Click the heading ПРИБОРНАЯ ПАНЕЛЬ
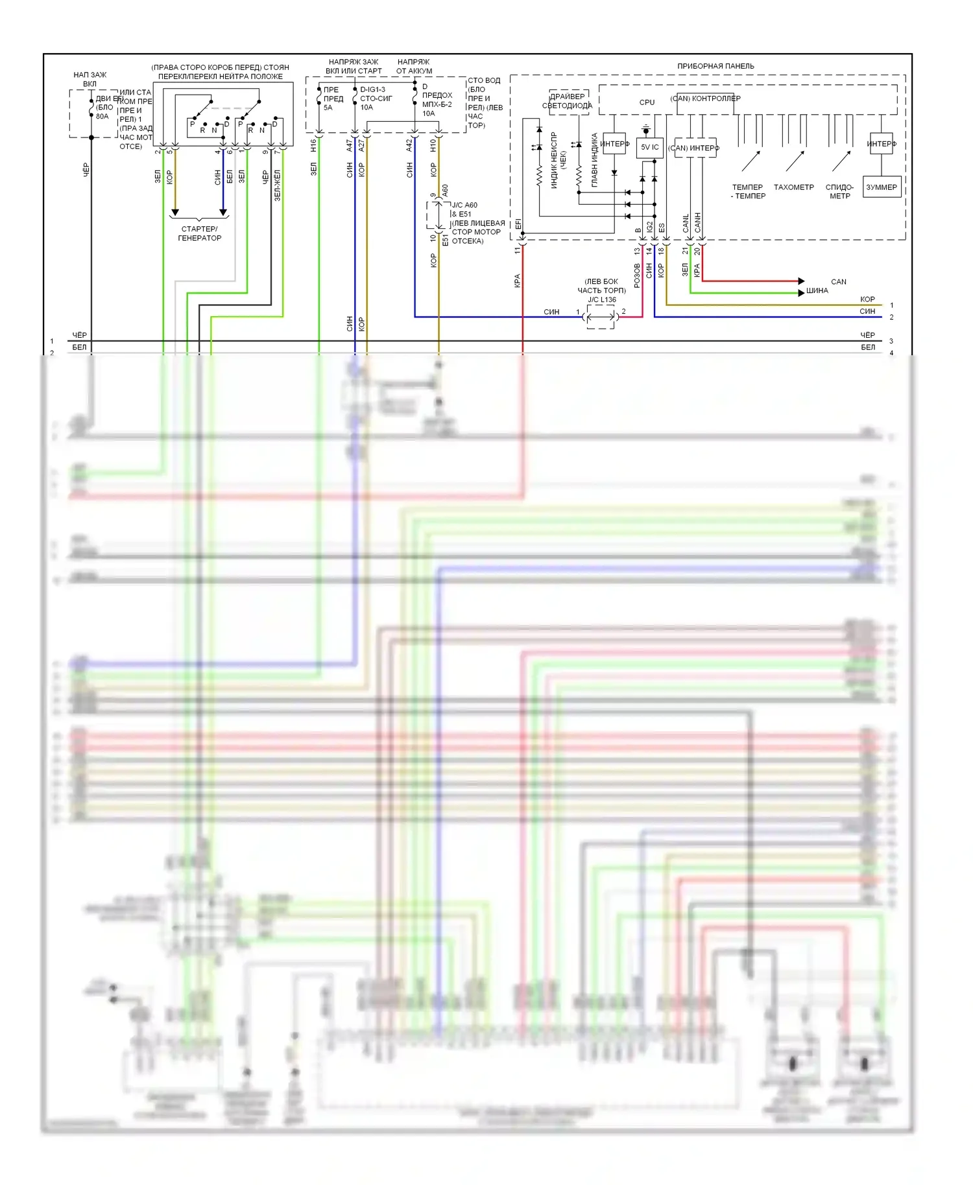pos(715,66)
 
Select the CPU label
pos(647,102)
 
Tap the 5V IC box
pos(649,148)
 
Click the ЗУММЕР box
pos(882,187)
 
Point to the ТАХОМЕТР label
pos(793,187)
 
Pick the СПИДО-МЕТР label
pos(839,191)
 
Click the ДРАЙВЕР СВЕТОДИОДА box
pos(568,101)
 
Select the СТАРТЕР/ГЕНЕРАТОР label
pos(200,233)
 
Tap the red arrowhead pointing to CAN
pos(802,281)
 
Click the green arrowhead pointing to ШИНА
pos(802,292)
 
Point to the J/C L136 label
pos(602,299)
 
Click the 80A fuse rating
pos(102,117)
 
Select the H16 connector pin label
pos(313,146)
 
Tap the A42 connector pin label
pos(409,146)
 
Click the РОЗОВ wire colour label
pos(637,276)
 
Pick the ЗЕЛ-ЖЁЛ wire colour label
pos(277,185)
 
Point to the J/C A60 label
pos(464,205)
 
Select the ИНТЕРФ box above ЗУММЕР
pos(882,144)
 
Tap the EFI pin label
pos(518,224)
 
